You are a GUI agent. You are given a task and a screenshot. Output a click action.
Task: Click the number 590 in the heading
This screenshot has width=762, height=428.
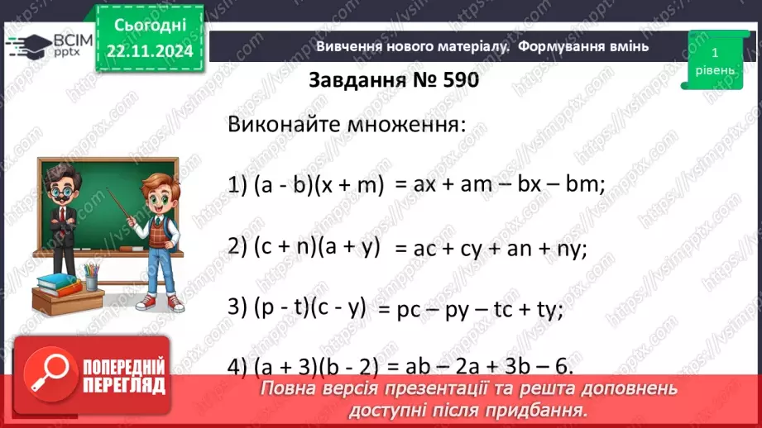(x=456, y=81)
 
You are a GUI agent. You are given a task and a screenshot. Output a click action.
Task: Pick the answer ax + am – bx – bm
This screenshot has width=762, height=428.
(x=501, y=186)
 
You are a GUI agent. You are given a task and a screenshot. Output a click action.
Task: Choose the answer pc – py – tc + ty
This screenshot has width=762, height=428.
(x=471, y=309)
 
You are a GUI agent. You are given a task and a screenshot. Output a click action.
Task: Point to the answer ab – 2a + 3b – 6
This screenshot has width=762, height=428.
(x=484, y=366)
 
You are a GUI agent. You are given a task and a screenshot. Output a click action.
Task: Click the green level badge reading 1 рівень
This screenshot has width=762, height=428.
(x=714, y=60)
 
